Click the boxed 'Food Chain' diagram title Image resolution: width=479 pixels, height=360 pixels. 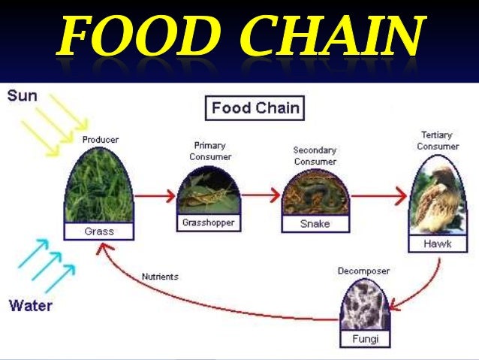click(x=255, y=108)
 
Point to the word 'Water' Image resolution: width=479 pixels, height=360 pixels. click(x=31, y=306)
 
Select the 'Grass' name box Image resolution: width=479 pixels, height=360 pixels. click(x=99, y=231)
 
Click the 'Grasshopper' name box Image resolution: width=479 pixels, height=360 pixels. click(x=209, y=223)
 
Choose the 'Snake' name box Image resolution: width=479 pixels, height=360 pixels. click(x=315, y=224)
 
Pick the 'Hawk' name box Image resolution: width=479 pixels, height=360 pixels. click(x=438, y=244)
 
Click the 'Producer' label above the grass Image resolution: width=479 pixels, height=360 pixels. click(x=100, y=140)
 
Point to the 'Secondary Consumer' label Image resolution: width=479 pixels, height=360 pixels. click(x=315, y=156)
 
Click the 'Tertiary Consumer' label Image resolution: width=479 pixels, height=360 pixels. click(x=438, y=141)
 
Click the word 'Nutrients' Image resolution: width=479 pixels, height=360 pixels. click(x=160, y=277)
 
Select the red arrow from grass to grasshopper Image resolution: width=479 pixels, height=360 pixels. click(x=153, y=197)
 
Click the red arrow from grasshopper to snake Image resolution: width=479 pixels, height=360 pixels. click(x=261, y=196)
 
